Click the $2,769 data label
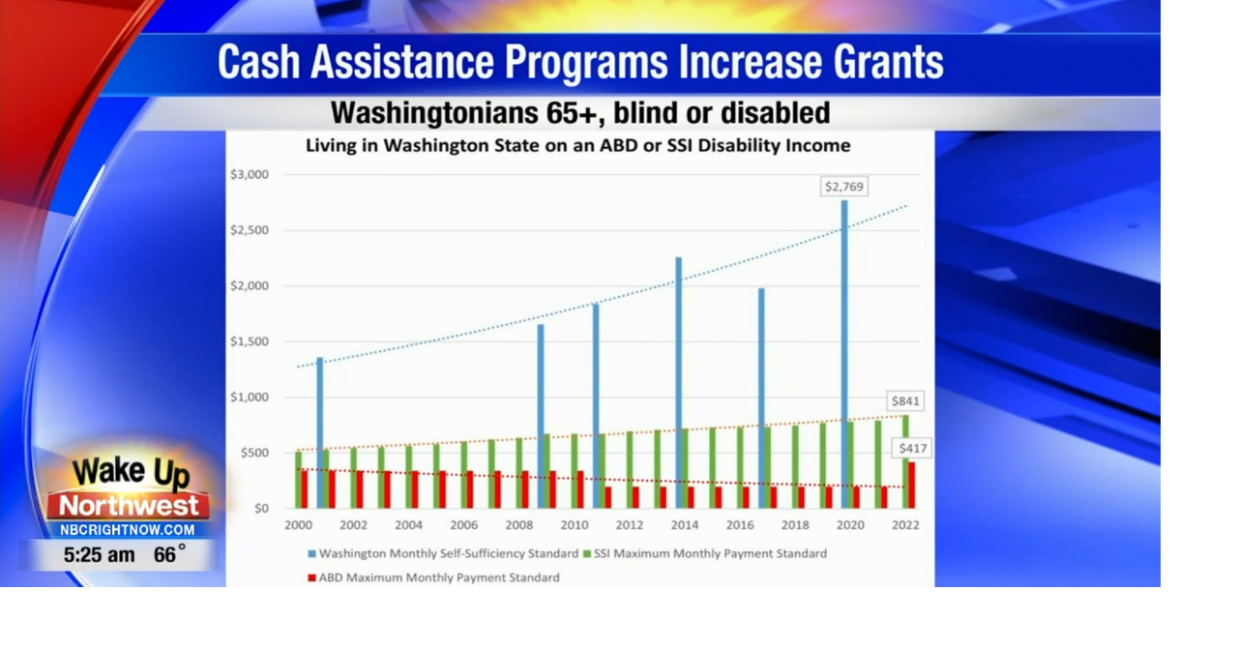pyautogui.click(x=843, y=186)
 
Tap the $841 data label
pyautogui.click(x=906, y=400)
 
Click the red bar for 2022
pyautogui.click(x=911, y=485)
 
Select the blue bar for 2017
pyautogui.click(x=761, y=398)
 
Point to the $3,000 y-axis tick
pyautogui.click(x=249, y=175)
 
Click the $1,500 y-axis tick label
pyautogui.click(x=249, y=341)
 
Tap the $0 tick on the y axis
pyautogui.click(x=259, y=509)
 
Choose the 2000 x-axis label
pyautogui.click(x=298, y=525)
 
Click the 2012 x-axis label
pyautogui.click(x=629, y=525)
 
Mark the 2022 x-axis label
pyautogui.click(x=904, y=525)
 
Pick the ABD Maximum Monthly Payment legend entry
pyautogui.click(x=439, y=577)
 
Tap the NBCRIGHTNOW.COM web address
pyautogui.click(x=127, y=530)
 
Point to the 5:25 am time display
pyautogui.click(x=99, y=555)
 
